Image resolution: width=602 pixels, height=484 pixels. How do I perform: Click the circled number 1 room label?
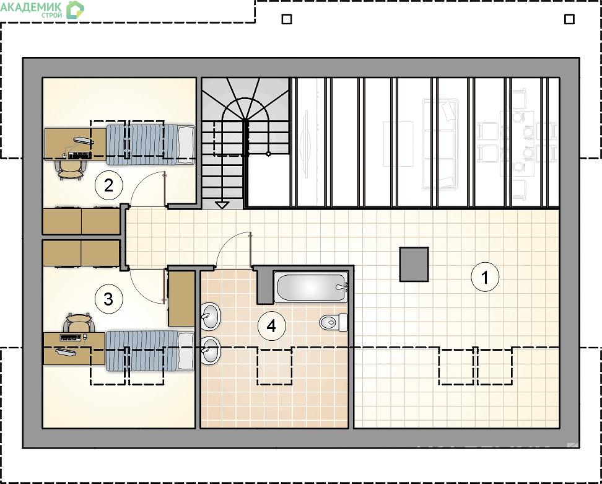(x=485, y=277)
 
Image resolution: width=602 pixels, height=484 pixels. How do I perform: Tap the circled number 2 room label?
(x=108, y=185)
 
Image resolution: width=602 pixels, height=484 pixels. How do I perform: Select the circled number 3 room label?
(x=108, y=299)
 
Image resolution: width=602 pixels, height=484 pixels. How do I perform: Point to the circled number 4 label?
(x=271, y=326)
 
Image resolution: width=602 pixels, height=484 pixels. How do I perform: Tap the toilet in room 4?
(x=333, y=323)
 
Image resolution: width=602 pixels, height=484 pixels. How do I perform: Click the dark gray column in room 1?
(x=414, y=264)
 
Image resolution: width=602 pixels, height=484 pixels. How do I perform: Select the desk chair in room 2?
(x=70, y=170)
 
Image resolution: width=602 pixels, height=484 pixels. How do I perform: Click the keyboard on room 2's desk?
(x=79, y=155)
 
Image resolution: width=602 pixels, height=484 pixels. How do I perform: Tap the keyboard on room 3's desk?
(x=70, y=338)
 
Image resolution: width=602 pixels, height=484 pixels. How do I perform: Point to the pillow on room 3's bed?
(x=186, y=351)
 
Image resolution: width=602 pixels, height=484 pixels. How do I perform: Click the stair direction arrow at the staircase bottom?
(x=222, y=205)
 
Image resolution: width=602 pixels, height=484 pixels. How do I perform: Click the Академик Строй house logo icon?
(x=75, y=10)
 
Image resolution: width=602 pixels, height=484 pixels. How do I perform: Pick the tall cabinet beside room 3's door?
(x=181, y=299)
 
